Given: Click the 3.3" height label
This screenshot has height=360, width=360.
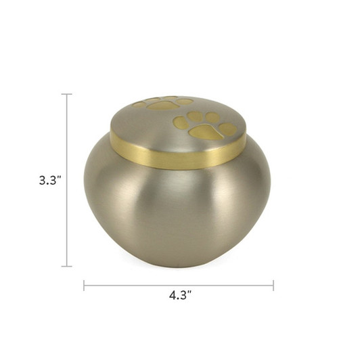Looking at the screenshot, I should pyautogui.click(x=49, y=181).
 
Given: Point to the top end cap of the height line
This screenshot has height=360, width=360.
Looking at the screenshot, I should pyautogui.click(x=66, y=94).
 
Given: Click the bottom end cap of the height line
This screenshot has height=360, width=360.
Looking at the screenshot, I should pyautogui.click(x=66, y=266).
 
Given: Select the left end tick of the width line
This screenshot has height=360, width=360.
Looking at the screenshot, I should pyautogui.click(x=84, y=285).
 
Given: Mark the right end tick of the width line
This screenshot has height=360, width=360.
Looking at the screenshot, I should pyautogui.click(x=273, y=285).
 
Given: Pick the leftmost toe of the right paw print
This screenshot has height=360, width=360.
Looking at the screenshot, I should pyautogui.click(x=181, y=122).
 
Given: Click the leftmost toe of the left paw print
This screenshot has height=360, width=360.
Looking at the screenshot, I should pyautogui.click(x=139, y=105).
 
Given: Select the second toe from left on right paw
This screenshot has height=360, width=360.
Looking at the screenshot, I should pyautogui.click(x=195, y=116).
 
